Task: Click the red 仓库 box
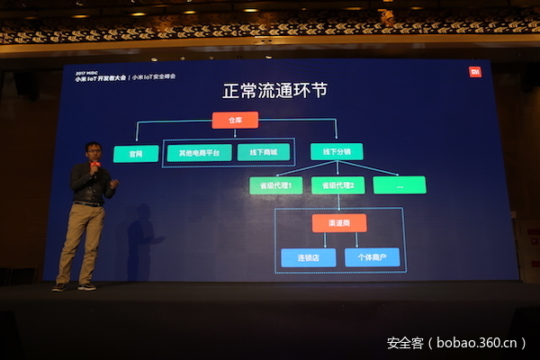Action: pos(235,120)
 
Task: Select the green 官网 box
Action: pos(136,154)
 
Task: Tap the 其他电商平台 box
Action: pos(199,153)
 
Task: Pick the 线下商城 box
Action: pos(263,153)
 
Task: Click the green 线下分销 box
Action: pos(336,152)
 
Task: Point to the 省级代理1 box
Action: pos(275,185)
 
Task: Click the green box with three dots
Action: pos(399,185)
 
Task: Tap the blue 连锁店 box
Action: pos(308,258)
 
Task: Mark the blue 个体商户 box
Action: pos(372,258)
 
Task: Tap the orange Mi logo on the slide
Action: pos(475,71)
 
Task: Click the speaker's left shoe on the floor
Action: pos(60,286)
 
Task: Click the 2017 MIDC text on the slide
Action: pos(88,69)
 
